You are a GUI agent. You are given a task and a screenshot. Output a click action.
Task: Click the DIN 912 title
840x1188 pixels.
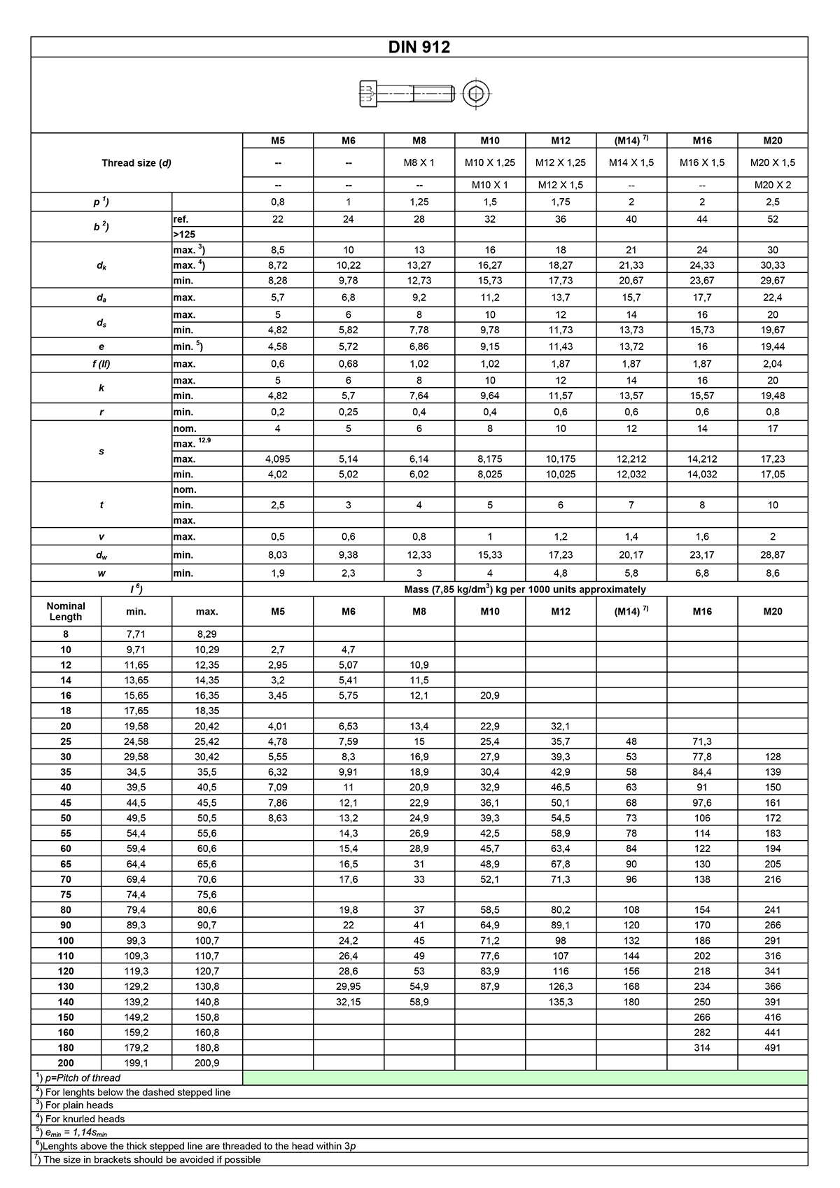419,47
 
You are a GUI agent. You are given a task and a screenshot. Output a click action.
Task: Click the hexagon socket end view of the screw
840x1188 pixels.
476,93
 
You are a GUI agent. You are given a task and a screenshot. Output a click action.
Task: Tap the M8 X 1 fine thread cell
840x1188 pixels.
419,162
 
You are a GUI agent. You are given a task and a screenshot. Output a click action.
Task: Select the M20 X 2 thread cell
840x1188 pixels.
772,185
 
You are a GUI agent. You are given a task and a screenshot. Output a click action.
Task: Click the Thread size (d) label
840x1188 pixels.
136,163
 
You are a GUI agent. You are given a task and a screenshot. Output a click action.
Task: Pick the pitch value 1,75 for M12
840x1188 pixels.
560,202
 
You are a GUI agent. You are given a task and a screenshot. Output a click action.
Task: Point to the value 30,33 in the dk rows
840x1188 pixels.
772,265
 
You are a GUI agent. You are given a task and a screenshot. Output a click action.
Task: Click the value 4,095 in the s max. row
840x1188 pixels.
278,459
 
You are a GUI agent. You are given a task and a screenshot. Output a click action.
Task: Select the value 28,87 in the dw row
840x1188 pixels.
772,554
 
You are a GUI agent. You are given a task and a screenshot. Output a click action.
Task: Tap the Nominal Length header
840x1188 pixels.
66,611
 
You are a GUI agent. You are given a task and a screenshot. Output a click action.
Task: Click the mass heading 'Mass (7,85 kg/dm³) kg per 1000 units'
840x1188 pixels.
525,589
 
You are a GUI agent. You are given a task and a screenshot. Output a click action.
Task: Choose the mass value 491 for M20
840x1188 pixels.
772,1048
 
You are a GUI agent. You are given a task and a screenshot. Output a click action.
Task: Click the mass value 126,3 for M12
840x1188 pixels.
560,986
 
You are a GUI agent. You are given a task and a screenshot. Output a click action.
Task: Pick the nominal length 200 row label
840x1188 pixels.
66,1063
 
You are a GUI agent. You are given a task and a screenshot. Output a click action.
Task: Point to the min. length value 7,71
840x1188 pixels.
136,634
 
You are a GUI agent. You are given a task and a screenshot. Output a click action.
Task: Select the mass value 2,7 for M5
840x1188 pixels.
278,650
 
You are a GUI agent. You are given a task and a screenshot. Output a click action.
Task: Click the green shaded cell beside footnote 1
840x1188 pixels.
525,1078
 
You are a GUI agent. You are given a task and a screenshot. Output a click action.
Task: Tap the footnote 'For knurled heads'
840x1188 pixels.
85,1119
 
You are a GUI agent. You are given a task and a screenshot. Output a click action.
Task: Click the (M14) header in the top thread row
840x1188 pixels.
631,141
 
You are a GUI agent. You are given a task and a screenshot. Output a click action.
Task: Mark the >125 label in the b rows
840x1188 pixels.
184,235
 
